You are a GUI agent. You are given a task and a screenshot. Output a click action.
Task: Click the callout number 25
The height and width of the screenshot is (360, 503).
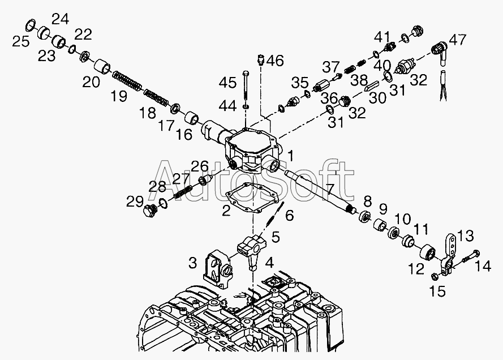tap(21, 41)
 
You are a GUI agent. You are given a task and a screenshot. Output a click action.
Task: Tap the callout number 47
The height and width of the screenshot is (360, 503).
tap(457, 40)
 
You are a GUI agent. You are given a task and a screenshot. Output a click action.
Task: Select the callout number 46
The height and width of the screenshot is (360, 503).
tap(275, 61)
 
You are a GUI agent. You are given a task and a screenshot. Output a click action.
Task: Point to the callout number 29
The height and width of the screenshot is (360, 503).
tap(135, 202)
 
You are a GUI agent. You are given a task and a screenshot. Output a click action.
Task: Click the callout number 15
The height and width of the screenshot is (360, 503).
tap(437, 291)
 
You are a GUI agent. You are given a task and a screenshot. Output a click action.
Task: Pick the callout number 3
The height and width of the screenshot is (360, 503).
tap(192, 263)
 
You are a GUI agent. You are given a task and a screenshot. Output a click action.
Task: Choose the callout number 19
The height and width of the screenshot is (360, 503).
tap(119, 96)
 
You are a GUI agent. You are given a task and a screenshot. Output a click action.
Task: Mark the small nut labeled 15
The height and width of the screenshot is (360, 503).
tap(434, 276)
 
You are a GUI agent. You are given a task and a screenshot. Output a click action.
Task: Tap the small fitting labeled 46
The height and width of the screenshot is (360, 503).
tap(260, 59)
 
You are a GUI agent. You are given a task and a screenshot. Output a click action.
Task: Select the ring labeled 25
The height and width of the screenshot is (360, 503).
tap(31, 25)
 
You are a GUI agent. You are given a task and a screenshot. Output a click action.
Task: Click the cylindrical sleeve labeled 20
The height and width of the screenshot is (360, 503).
tap(102, 67)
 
